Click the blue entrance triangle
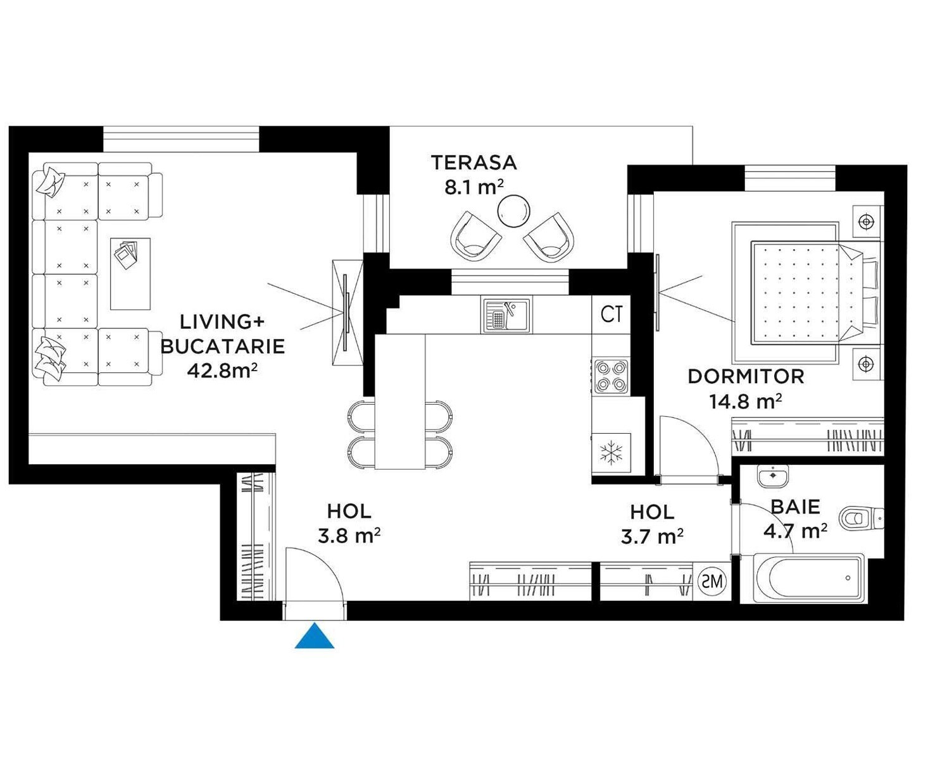tap(314, 636)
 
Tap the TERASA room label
tap(473, 163)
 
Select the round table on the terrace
tap(514, 211)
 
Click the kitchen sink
tap(506, 316)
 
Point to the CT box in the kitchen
tap(611, 314)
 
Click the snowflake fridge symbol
tap(611, 453)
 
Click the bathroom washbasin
tap(773, 476)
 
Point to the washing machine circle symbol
tap(712, 581)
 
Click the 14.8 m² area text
tap(745, 402)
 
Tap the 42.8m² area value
tap(222, 370)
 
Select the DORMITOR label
tap(746, 376)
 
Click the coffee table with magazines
tap(130, 274)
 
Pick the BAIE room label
tap(796, 507)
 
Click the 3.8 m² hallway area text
tap(349, 536)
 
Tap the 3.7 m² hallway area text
tap(652, 537)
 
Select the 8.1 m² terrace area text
tap(474, 188)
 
